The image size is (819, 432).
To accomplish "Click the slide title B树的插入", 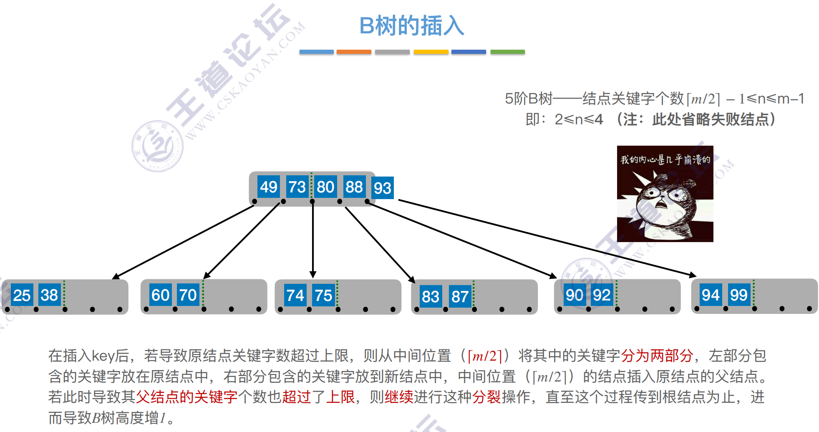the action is [x=411, y=26].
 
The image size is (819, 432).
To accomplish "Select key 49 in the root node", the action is [x=268, y=187].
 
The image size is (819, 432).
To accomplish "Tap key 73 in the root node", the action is [x=297, y=187].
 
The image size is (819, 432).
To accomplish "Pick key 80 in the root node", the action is [x=325, y=187].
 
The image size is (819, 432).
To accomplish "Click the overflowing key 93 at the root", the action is [x=383, y=188].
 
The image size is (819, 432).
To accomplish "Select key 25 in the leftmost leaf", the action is [x=22, y=296].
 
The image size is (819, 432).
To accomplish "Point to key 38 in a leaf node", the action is [x=49, y=295].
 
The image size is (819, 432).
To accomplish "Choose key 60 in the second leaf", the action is [x=160, y=295].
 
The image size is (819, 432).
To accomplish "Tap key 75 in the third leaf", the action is [x=323, y=296].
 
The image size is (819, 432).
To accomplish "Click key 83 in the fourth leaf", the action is [x=430, y=297].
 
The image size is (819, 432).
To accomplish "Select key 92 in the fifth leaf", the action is [x=602, y=295].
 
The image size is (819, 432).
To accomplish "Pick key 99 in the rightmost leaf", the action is [x=738, y=295].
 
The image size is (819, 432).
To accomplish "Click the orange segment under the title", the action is [x=354, y=52].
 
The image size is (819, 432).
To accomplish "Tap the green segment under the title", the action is [x=507, y=52].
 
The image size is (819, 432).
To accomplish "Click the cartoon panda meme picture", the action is [x=665, y=194].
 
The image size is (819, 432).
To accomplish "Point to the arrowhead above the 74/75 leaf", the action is [x=313, y=274].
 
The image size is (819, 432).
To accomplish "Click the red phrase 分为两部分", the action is [x=657, y=356].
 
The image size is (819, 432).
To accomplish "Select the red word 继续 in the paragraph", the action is [x=399, y=397].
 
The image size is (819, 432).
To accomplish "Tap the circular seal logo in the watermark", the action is [x=158, y=146].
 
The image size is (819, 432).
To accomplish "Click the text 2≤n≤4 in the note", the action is [x=579, y=120].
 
